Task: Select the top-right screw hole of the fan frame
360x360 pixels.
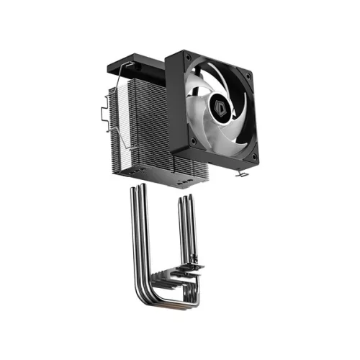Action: pyautogui.click(x=248, y=75)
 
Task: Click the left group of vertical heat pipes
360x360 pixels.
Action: pyautogui.click(x=137, y=230)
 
